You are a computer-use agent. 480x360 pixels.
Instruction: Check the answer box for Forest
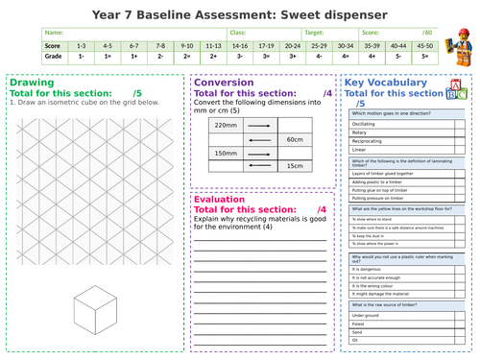457,326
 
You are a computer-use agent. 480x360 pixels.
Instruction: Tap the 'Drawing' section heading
31,83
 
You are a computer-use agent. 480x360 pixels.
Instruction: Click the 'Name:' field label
57,32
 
